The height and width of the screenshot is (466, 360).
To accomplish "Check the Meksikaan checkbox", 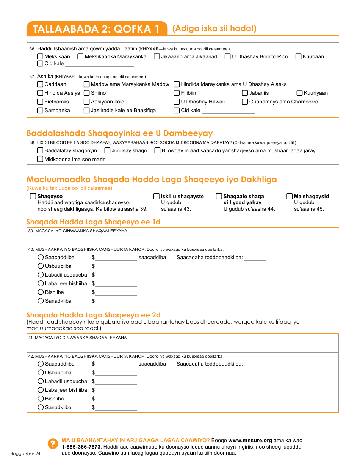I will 40,56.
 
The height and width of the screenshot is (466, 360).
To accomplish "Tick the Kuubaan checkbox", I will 299,56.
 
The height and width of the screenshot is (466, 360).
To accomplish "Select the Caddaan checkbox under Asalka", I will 40,84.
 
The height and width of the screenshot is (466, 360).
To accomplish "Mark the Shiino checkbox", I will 87,93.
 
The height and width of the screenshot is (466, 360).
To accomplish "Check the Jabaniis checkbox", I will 245,93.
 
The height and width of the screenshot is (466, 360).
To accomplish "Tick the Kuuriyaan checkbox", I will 300,93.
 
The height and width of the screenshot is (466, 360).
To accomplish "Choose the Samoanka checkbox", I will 40,110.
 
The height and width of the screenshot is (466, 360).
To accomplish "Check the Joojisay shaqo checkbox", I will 108,150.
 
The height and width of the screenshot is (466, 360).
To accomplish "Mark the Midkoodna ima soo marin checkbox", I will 40,159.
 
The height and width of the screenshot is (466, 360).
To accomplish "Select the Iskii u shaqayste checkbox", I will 157,196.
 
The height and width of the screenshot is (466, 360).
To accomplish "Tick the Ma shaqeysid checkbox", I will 290,196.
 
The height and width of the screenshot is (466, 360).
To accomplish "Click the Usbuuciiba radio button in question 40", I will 41,266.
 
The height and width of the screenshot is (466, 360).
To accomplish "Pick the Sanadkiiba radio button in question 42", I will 41,407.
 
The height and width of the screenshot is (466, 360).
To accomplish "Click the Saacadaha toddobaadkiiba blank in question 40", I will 255,258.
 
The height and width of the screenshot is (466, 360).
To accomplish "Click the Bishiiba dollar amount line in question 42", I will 116,399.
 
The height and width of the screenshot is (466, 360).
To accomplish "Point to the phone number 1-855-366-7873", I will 79,447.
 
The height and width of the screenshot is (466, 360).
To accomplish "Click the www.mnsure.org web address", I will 250,440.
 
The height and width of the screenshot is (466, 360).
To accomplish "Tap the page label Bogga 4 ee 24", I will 25,453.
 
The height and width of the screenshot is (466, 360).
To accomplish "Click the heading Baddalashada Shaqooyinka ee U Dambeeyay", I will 119,133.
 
